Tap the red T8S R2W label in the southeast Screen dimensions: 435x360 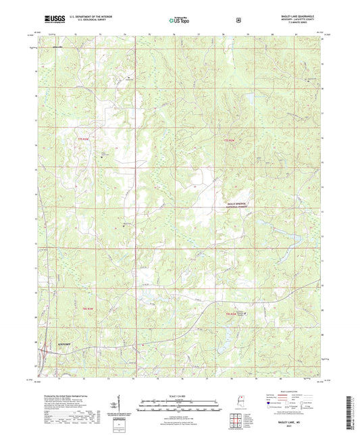(232, 313)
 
